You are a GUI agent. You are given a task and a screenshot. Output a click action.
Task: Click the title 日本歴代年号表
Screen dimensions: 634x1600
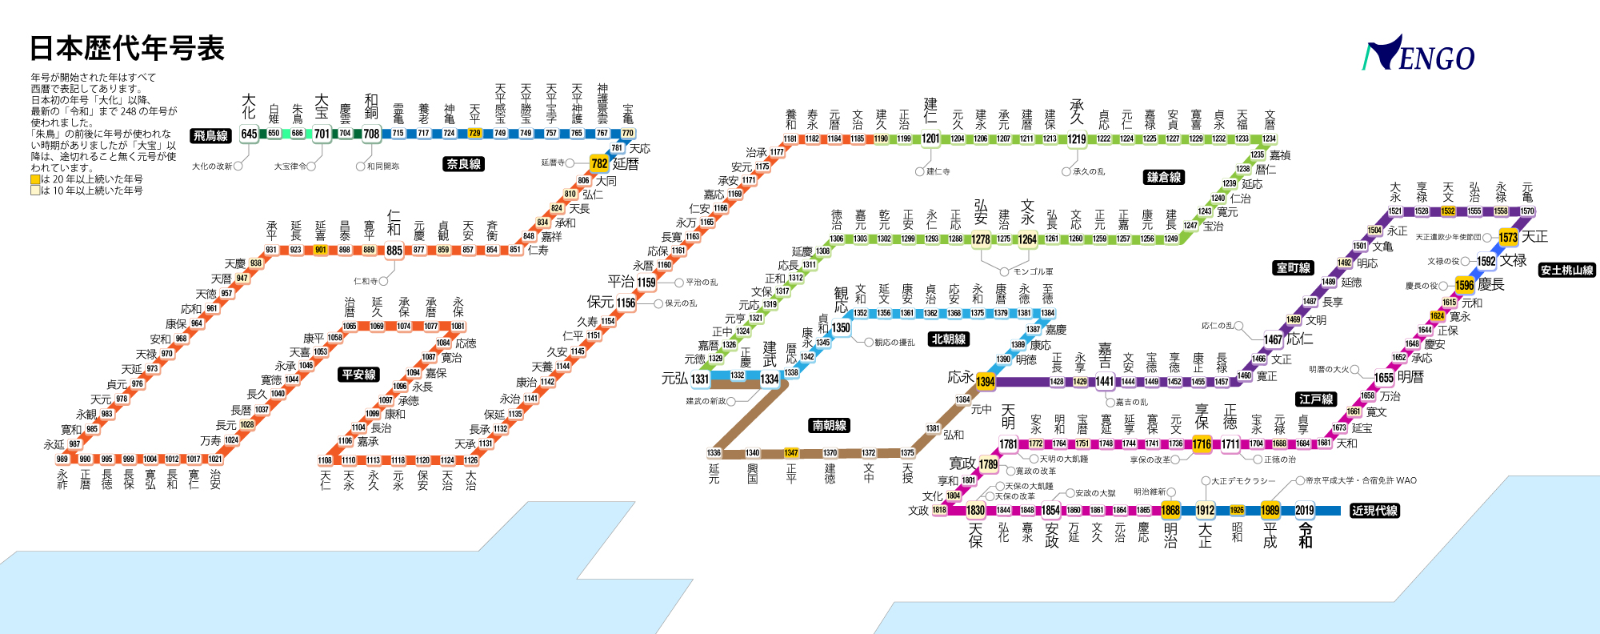coord(127,49)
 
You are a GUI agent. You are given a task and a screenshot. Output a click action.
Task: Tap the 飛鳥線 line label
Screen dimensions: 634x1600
coord(210,135)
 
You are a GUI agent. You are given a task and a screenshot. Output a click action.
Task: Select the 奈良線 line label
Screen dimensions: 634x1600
coord(464,164)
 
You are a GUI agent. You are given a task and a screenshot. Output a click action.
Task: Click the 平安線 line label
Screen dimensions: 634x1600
coord(358,375)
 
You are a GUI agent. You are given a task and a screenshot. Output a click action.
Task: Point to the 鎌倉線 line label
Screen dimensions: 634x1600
coord(1164,177)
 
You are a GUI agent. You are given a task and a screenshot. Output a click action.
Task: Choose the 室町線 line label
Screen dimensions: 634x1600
coord(1293,268)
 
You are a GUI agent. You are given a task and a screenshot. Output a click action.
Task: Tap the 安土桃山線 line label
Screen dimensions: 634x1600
coord(1567,270)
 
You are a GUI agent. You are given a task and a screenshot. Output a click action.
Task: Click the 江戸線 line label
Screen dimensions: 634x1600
coord(1316,399)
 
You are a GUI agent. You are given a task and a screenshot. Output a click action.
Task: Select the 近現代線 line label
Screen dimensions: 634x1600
coord(1374,510)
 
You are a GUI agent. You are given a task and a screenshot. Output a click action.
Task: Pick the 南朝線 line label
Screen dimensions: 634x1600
coord(830,426)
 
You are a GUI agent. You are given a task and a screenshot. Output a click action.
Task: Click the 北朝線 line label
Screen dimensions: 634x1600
coord(949,339)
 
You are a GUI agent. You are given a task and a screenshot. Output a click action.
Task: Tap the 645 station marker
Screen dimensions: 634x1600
coord(250,134)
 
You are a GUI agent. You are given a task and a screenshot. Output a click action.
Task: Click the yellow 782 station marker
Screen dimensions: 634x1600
coord(599,164)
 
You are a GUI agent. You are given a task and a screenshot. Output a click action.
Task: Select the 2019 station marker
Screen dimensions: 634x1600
coord(1305,511)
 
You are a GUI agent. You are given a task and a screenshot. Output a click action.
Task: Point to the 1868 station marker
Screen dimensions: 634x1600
coord(1170,511)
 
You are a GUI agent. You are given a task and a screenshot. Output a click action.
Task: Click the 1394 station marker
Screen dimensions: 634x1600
coord(986,382)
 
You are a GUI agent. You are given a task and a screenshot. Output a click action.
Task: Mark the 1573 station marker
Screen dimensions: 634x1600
coord(1508,238)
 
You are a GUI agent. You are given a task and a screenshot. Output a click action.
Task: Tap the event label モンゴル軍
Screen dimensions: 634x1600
coord(1033,272)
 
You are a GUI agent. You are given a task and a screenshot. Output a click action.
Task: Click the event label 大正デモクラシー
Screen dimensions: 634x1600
coord(1243,481)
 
